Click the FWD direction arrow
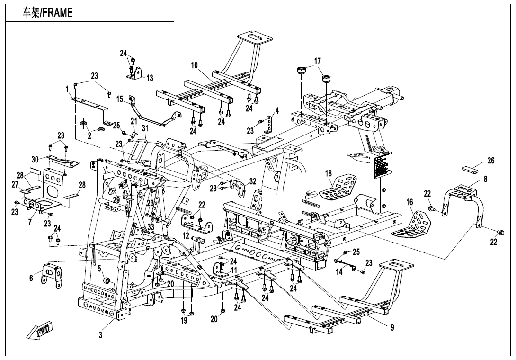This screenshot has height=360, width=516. coord(40,330)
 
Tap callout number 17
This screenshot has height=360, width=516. coord(317,61)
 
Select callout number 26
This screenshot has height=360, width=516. coord(491,161)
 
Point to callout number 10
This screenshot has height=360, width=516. coord(195,66)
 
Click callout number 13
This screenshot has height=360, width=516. coord(150,78)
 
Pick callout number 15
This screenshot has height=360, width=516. coord(120,99)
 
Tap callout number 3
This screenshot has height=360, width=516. coord(100,335)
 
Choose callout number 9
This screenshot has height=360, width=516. coord(392,327)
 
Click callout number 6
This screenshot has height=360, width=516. coord(31,278)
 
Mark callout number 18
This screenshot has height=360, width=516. coord(329,174)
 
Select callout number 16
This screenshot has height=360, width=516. coord(409,202)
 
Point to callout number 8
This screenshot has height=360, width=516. coord(485,180)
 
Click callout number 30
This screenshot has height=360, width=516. coord(35,159)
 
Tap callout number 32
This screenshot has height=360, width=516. coord(253,181)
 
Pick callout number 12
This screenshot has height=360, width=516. coord(186,235)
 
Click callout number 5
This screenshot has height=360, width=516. coord(100,269)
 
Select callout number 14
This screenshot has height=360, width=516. coord(339,272)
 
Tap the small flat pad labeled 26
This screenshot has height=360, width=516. coord(471,167)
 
